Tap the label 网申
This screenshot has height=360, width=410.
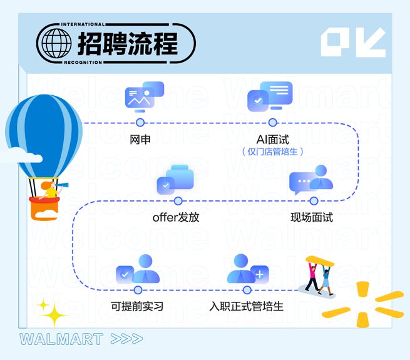[x=140, y=139]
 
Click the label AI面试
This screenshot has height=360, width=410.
[x=273, y=139]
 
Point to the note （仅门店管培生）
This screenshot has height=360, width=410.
[x=273, y=152]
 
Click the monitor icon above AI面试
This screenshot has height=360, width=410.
[x=270, y=97]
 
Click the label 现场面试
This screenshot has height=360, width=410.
[x=312, y=218]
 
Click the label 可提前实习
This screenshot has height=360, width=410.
[x=137, y=307]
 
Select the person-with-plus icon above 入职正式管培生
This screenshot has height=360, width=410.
[x=248, y=269]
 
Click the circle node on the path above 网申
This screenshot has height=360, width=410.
[x=140, y=123]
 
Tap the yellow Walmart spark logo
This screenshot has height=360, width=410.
[x=362, y=304]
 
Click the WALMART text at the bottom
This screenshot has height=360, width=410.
[x=61, y=339]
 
